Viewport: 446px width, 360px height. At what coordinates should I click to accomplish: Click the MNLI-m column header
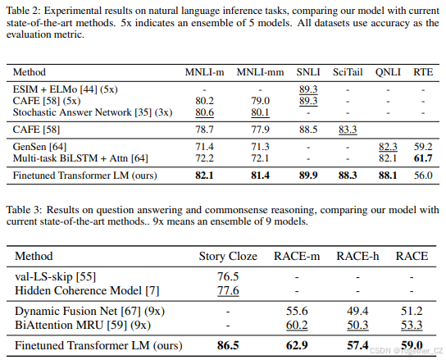[211, 73]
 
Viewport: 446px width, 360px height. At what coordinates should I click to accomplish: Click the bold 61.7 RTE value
[422, 157]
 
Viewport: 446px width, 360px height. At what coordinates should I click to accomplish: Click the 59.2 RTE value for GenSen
[422, 146]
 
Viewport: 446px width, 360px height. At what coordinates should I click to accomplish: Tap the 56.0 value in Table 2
[422, 175]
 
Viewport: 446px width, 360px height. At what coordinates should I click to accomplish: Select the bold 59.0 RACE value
[411, 346]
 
